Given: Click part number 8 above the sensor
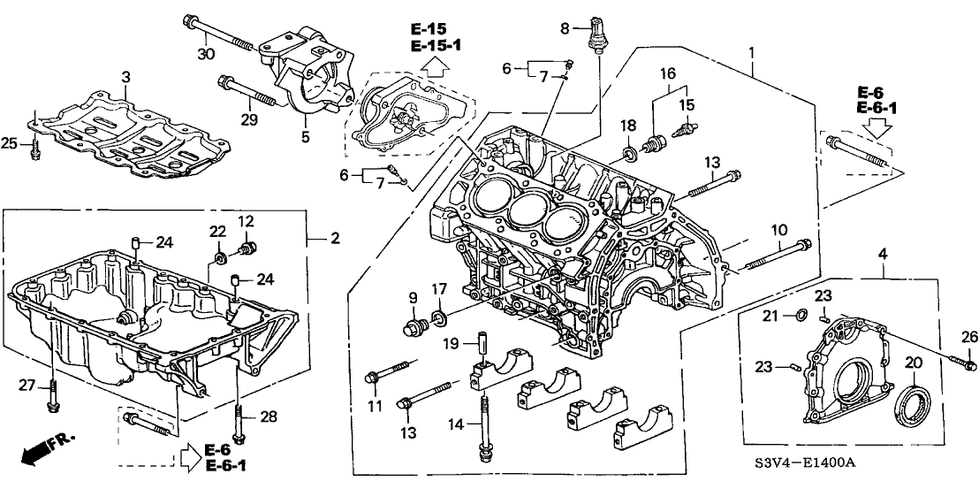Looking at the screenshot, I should coord(565,29).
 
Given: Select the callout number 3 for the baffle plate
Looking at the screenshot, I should coord(125,78).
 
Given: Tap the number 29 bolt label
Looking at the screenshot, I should coord(249,118).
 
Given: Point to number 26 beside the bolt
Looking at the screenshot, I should coord(970,336).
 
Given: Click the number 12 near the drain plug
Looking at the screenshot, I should coord(246,220).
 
